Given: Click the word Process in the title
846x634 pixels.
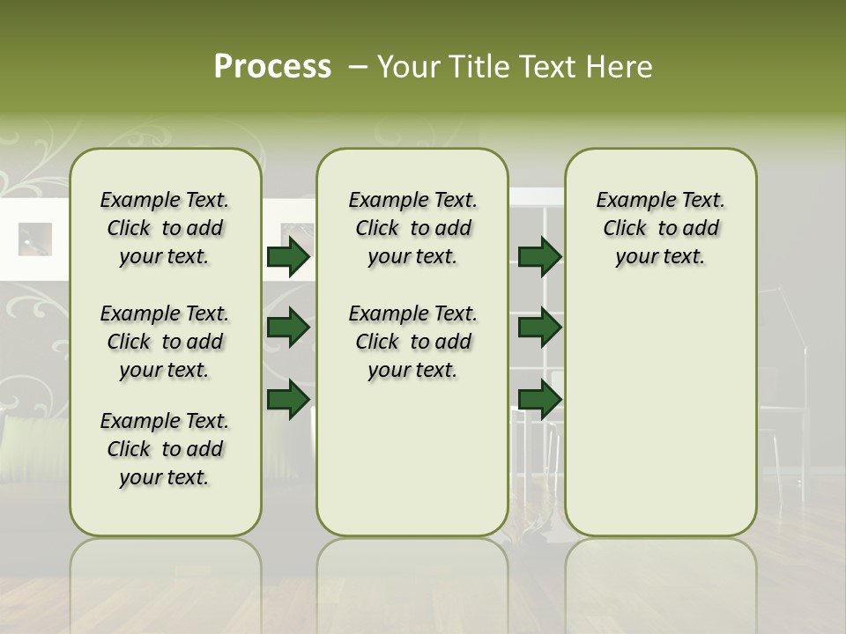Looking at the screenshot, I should [x=272, y=67].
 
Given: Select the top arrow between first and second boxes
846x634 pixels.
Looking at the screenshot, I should [x=288, y=257].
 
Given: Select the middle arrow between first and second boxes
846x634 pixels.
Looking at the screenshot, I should [x=288, y=328].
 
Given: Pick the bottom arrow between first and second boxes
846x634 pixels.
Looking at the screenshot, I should [x=288, y=399].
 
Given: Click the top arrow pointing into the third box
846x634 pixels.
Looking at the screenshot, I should [x=539, y=257].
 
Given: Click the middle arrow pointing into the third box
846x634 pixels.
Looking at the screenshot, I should [x=539, y=328].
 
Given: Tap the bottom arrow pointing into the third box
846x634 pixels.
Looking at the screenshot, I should [x=539, y=399].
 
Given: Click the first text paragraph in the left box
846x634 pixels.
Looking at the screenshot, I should [x=165, y=228].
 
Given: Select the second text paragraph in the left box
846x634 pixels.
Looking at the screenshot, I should [x=165, y=342].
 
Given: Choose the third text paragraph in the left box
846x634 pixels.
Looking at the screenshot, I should [x=165, y=449].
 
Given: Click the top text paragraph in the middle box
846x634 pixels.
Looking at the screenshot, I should [x=412, y=228].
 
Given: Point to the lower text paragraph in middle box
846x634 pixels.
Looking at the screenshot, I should [x=412, y=342].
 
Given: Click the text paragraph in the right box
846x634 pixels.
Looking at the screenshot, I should [x=660, y=228].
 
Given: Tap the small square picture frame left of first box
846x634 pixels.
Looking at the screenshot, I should [x=35, y=239].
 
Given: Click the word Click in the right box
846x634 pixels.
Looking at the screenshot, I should [x=625, y=229].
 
